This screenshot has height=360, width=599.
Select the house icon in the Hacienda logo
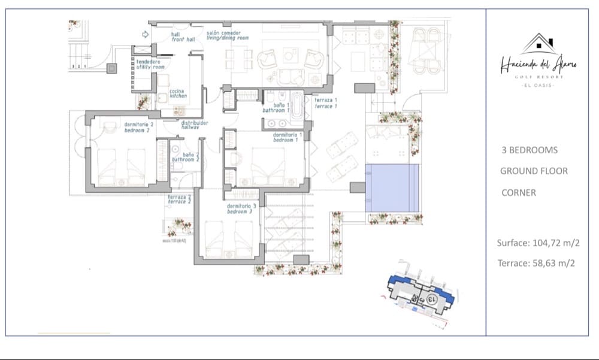click(x=538, y=43)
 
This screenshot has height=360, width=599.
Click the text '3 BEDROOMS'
click(x=530, y=150)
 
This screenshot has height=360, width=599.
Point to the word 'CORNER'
click(x=518, y=193)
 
